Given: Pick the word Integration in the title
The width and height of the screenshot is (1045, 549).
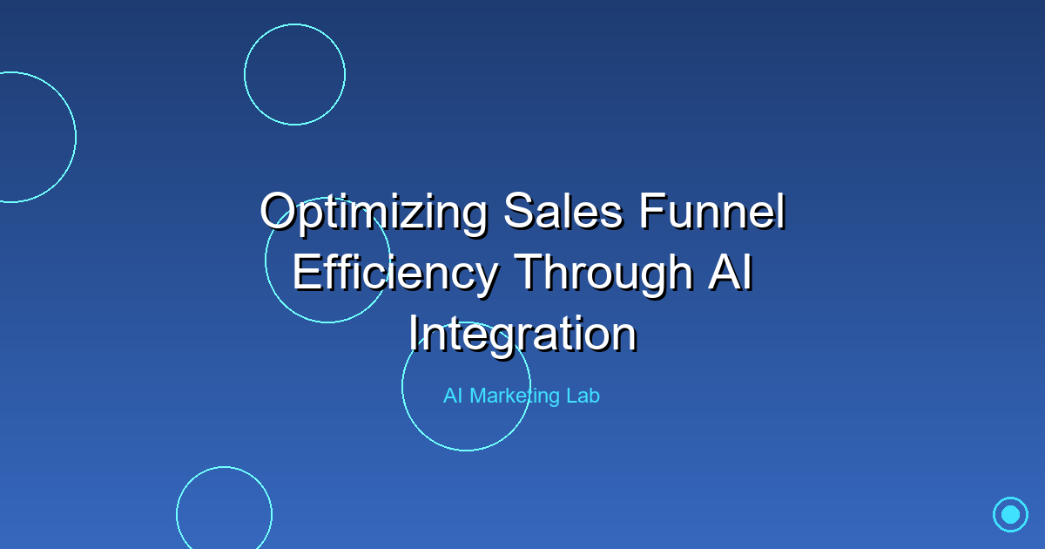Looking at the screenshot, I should tap(522, 333).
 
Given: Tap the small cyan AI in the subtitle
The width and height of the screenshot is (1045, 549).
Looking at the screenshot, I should tap(453, 396).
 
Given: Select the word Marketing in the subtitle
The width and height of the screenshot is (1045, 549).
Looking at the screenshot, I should tap(516, 396).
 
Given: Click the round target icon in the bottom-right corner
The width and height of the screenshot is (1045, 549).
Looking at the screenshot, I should tap(1010, 514).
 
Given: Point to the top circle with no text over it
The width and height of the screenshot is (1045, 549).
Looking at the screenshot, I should tap(294, 74).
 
